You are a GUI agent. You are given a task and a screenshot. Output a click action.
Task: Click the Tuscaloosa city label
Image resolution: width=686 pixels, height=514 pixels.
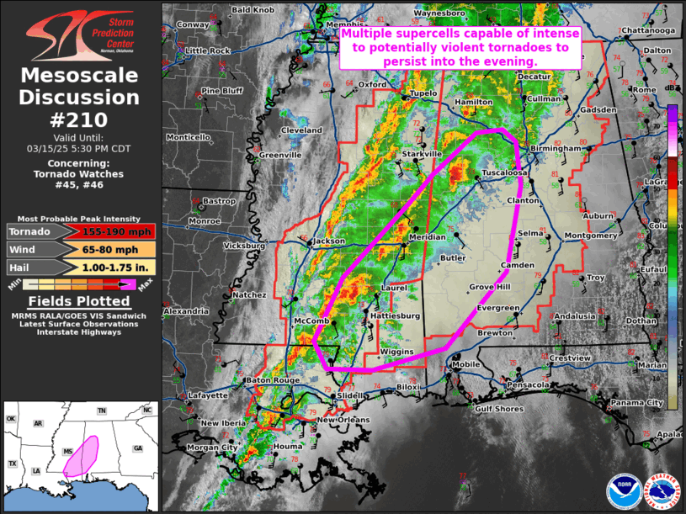coord(504,172)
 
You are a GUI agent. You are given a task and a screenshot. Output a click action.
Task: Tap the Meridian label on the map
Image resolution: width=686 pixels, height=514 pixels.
coord(427,237)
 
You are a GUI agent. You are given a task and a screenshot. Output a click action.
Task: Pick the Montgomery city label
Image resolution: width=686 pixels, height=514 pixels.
coord(589,235)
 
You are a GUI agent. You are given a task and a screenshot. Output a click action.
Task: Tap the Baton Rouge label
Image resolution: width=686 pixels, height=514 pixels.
coord(272,380)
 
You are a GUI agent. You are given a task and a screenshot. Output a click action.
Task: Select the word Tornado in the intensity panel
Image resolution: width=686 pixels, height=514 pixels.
coord(29,231)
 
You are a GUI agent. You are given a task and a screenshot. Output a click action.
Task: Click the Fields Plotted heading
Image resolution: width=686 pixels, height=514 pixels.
coord(79,301)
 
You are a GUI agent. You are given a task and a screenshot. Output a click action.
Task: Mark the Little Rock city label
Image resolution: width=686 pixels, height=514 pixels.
coord(207,50)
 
